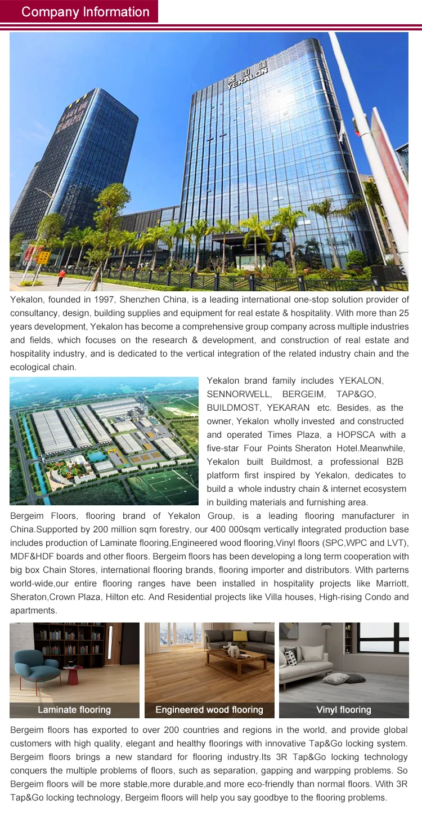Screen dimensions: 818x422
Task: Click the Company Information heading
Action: [85, 12]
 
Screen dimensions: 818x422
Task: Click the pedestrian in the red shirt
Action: [61, 277]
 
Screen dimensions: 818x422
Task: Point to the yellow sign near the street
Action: [43, 258]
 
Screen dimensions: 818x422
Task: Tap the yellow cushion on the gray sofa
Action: [240, 636]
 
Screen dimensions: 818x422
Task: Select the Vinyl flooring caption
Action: [344, 710]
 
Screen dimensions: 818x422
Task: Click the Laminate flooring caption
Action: [74, 710]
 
